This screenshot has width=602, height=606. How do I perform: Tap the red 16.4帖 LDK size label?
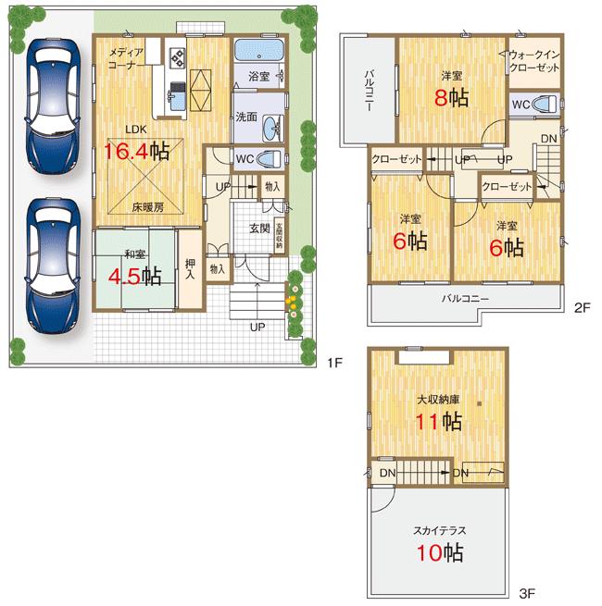[135, 151]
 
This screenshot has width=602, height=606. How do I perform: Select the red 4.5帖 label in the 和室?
[136, 276]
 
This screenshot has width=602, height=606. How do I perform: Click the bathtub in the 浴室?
[258, 52]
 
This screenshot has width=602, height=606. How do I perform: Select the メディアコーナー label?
[125, 58]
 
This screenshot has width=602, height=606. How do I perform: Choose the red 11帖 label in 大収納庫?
[439, 422]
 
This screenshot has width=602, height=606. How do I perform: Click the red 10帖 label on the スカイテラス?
[439, 553]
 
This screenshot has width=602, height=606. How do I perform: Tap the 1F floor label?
[334, 363]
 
